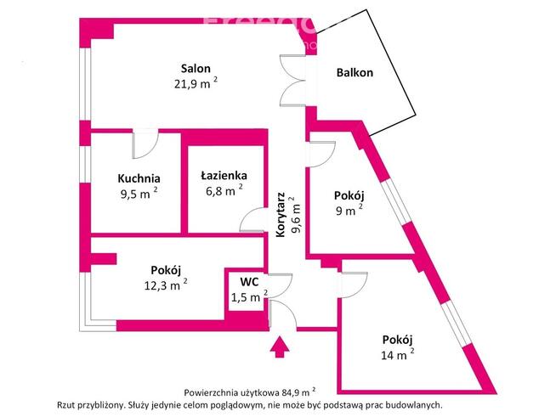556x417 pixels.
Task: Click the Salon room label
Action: tap(195, 69)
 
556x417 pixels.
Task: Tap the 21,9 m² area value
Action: tap(195, 83)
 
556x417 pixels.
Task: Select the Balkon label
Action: tap(355, 74)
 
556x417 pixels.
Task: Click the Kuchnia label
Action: tap(139, 178)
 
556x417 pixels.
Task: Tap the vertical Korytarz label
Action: tap(281, 212)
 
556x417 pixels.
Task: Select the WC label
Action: tap(248, 281)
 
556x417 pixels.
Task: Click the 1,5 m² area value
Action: tap(248, 296)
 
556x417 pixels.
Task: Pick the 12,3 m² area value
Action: tap(165, 285)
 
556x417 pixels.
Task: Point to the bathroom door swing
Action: tap(252, 221)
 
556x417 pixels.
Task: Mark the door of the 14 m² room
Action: tap(354, 281)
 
